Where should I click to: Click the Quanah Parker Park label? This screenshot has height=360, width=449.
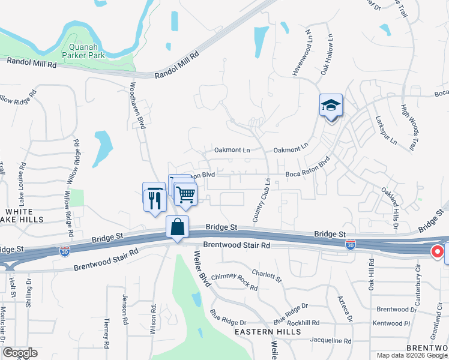pyautogui.click(x=88, y=50)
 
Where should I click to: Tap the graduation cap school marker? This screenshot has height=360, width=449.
pyautogui.click(x=331, y=106)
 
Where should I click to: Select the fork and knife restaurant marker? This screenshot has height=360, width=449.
pyautogui.click(x=154, y=197)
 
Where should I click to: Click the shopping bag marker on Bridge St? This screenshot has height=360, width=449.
pyautogui.click(x=178, y=227)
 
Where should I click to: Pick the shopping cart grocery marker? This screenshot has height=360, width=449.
pyautogui.click(x=185, y=193)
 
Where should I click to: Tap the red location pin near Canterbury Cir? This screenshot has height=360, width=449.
pyautogui.click(x=438, y=252)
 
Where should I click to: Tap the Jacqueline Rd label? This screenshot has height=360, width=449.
pyautogui.click(x=331, y=340)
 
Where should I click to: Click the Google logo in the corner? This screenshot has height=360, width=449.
pyautogui.click(x=20, y=353)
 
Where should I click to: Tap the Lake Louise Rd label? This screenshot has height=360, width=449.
pyautogui.click(x=22, y=180)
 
